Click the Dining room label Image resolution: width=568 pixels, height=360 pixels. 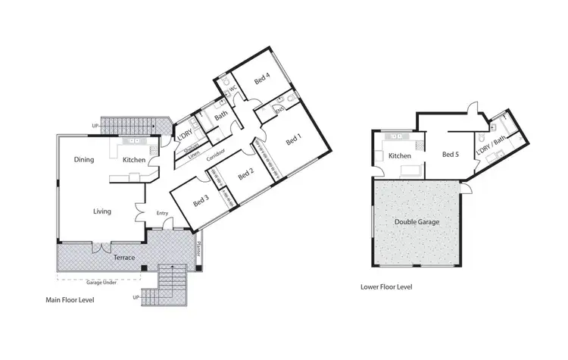[x=84, y=160]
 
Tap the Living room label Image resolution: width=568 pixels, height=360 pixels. [x=103, y=211]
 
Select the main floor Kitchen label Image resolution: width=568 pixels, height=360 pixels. [x=134, y=160]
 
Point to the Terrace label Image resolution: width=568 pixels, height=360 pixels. [x=124, y=258]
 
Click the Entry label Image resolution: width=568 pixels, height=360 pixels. [x=161, y=213]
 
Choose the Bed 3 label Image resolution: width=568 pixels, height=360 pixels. [x=201, y=202]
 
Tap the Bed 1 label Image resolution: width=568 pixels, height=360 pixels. [x=293, y=140]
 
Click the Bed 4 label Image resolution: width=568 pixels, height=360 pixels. [x=263, y=85]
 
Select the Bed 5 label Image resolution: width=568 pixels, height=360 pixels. [x=451, y=155]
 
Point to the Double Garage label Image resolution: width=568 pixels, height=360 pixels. [x=417, y=222]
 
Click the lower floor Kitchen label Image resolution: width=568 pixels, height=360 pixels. [x=399, y=155]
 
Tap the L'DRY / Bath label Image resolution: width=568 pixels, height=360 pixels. [x=492, y=141]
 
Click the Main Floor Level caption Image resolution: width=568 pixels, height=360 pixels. [x=73, y=301]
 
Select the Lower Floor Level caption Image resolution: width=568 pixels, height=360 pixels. [x=385, y=287]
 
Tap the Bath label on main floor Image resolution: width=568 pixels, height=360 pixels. [x=220, y=116]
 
